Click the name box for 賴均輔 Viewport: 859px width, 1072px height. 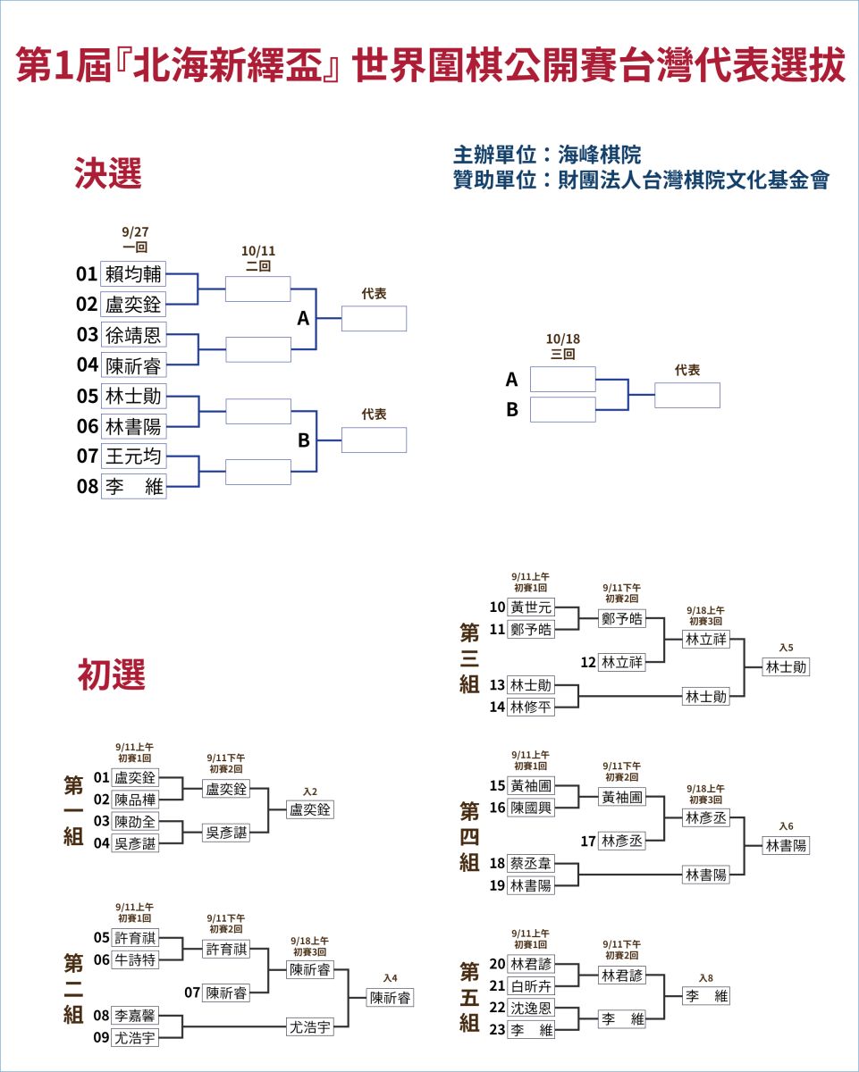(133, 273)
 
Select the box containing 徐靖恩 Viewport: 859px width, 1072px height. (133, 334)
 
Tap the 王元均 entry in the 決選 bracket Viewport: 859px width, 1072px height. (133, 456)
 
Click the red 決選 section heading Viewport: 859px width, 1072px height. (108, 173)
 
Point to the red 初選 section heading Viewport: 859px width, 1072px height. (112, 674)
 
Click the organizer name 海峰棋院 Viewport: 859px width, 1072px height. (599, 155)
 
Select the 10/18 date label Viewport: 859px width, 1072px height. (562, 339)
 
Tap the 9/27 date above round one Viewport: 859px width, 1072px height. (135, 232)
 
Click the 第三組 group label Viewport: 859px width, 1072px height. (469, 658)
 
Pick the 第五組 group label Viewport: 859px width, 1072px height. (469, 996)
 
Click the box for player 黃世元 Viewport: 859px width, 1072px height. (531, 607)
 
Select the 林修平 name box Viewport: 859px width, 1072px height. (531, 708)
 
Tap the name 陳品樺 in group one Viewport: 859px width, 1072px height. (135, 800)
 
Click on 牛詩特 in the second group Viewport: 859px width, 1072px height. (135, 960)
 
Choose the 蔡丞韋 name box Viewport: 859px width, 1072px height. (531, 864)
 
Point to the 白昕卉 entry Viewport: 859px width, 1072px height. (531, 986)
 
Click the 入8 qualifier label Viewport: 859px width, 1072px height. (706, 978)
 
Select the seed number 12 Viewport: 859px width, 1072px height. (587, 662)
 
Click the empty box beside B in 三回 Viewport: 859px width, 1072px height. (562, 410)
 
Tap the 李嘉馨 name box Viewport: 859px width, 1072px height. (135, 1016)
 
